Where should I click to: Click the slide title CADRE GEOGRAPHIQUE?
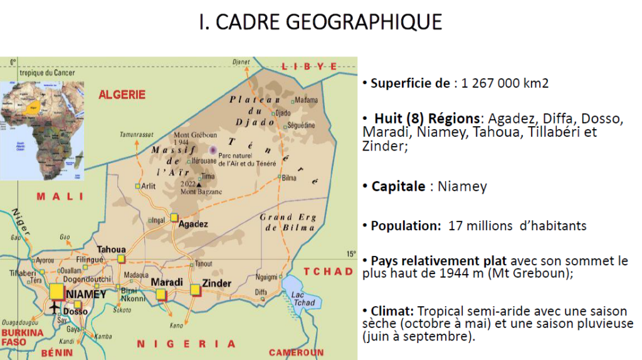[320, 22]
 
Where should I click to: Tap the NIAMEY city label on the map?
[87, 294]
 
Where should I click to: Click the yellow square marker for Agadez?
[174, 217]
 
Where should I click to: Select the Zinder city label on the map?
[216, 283]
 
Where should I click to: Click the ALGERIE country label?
[122, 95]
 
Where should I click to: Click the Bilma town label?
[289, 178]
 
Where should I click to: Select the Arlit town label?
[149, 186]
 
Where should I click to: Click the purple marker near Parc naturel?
[213, 150]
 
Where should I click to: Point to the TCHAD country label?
[329, 272]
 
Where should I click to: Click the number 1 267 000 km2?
[505, 83]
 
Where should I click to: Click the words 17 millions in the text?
[480, 226]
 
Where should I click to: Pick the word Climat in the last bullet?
[391, 311]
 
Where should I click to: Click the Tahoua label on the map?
[111, 249]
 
